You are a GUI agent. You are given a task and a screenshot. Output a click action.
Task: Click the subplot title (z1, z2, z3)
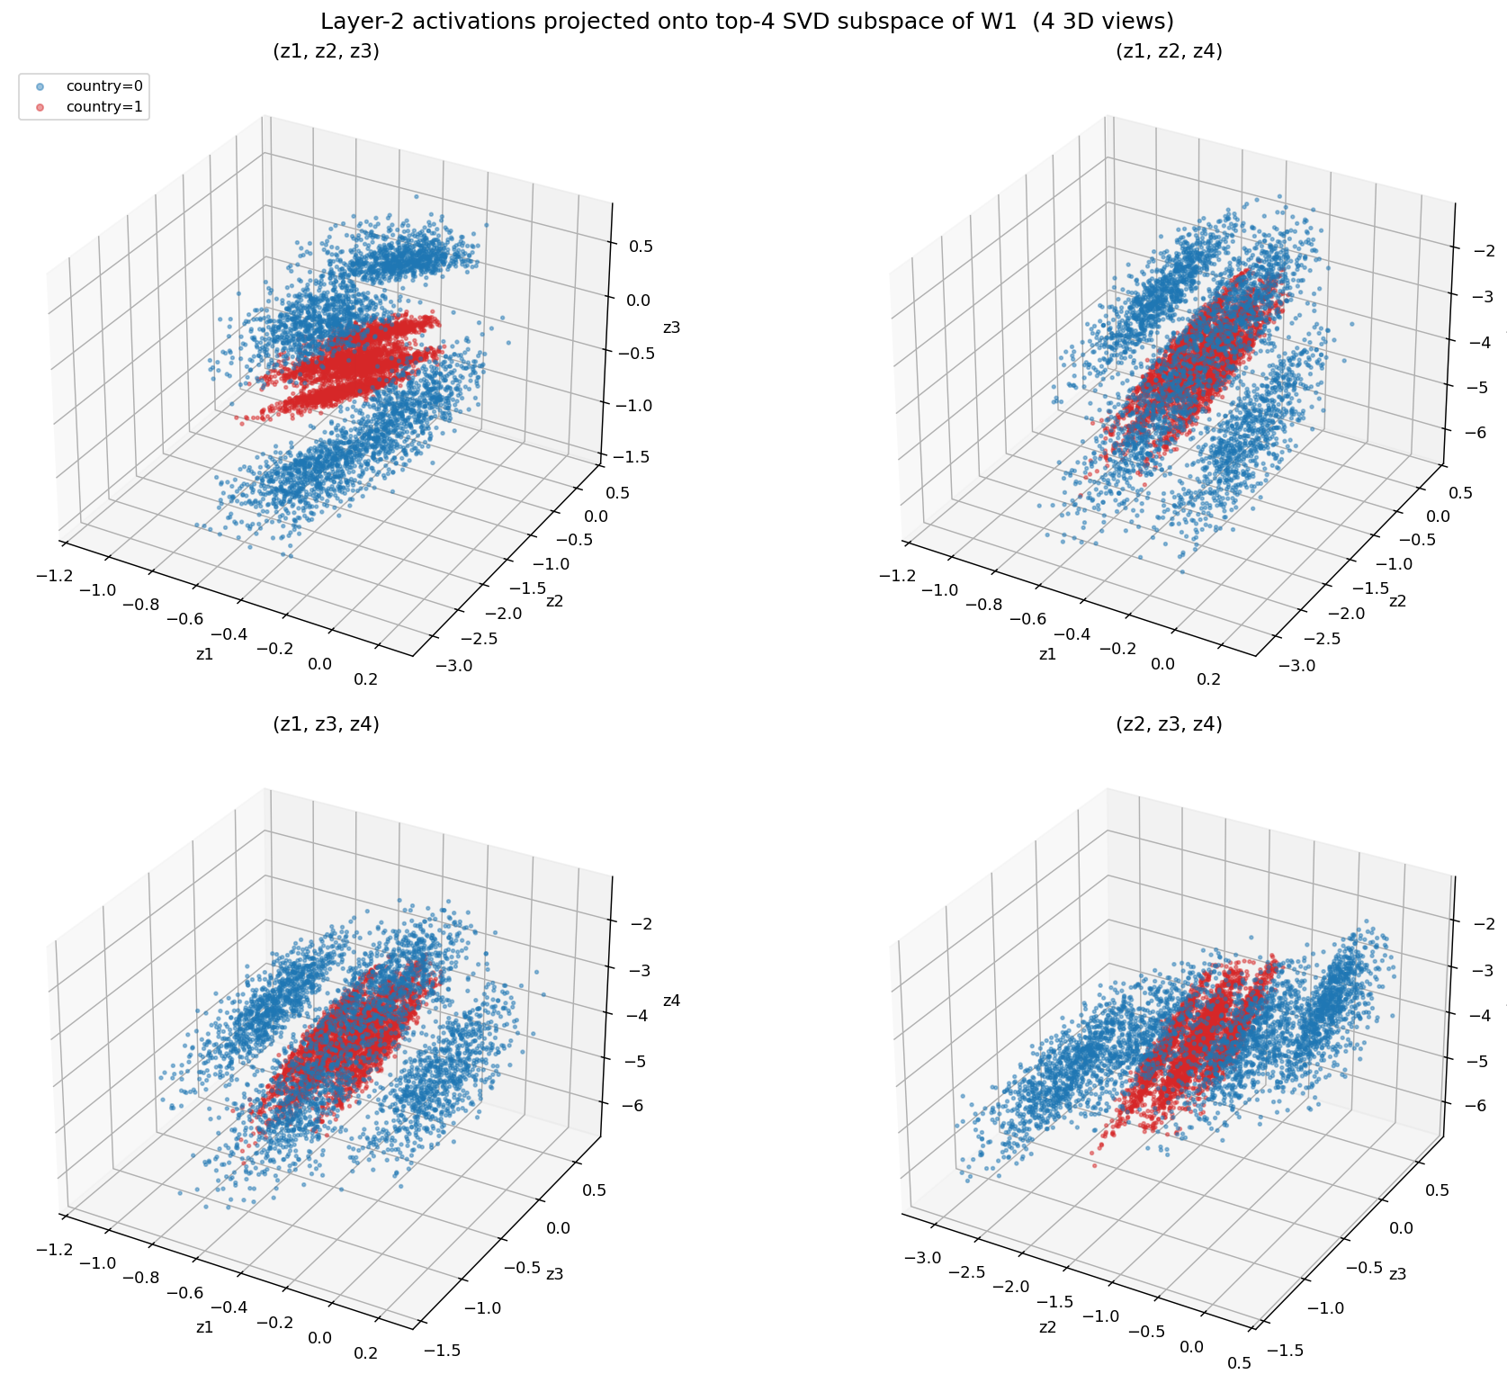326,51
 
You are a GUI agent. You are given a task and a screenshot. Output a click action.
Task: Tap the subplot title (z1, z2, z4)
1169,51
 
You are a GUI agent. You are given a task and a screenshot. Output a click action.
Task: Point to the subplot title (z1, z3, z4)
326,724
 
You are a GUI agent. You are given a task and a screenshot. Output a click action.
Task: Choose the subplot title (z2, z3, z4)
1169,724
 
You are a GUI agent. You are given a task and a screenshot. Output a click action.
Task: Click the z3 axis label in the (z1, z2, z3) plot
671,328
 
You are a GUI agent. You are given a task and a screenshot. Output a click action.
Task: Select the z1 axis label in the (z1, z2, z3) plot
205,654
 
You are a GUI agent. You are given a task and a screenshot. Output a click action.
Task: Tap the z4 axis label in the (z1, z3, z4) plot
671,1001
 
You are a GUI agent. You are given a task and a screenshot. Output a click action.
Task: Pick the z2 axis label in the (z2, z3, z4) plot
1048,1327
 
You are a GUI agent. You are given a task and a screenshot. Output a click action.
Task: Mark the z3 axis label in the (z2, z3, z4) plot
1398,1274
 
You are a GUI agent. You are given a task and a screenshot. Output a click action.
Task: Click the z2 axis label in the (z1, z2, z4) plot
1397,600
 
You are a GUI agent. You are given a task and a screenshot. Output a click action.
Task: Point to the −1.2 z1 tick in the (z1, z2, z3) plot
55,575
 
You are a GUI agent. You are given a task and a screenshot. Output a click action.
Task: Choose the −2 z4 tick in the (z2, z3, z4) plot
1476,923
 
